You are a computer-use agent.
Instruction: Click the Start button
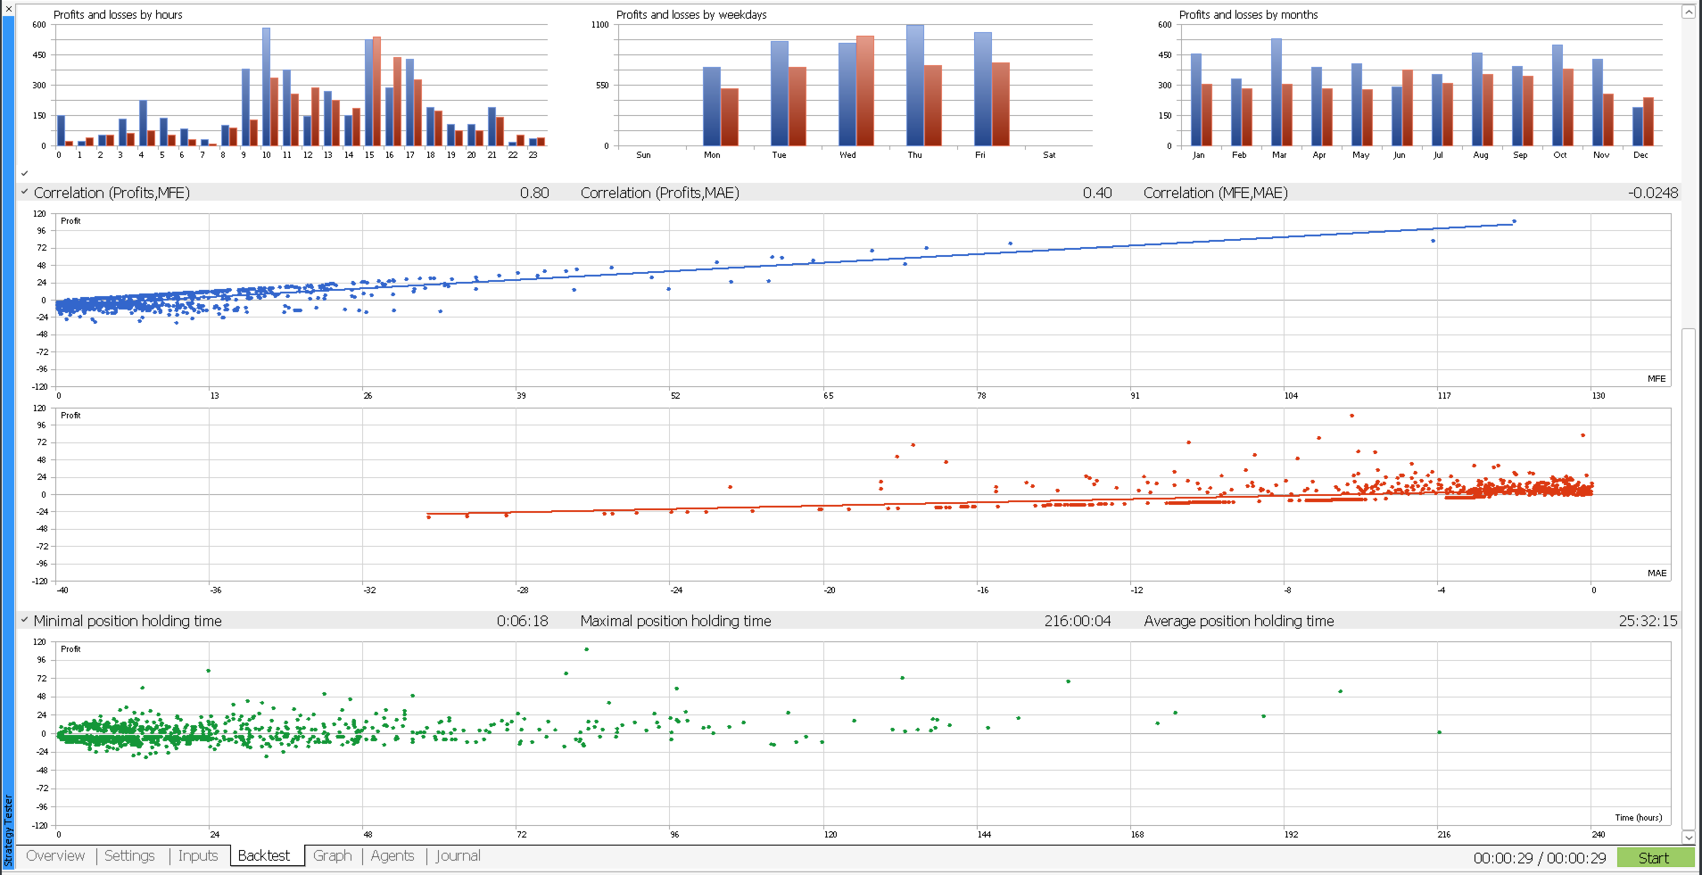[x=1655, y=857]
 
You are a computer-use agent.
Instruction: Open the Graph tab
[x=332, y=855]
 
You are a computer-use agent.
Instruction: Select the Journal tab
[x=458, y=855]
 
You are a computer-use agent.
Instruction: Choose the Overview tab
[x=55, y=855]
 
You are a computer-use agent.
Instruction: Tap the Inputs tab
[x=197, y=855]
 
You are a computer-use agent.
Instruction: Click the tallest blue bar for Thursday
[x=914, y=86]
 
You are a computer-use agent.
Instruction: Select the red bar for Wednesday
[x=864, y=91]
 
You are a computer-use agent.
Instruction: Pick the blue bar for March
[x=1276, y=93]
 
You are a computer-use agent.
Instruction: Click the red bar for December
[x=1648, y=122]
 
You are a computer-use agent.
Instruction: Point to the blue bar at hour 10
[x=266, y=87]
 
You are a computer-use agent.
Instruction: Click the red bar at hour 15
[x=376, y=91]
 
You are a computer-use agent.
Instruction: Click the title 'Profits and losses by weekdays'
[x=691, y=15]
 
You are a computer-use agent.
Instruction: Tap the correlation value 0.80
[x=534, y=193]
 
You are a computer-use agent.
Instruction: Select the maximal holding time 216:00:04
[x=1078, y=621]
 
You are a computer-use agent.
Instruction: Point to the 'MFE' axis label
[x=1656, y=379]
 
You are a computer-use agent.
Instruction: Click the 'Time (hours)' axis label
[x=1638, y=817]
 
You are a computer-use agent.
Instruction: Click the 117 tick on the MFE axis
[x=1444, y=395]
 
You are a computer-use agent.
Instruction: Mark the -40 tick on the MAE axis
[x=62, y=590]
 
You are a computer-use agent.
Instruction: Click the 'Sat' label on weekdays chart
[x=1049, y=155]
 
